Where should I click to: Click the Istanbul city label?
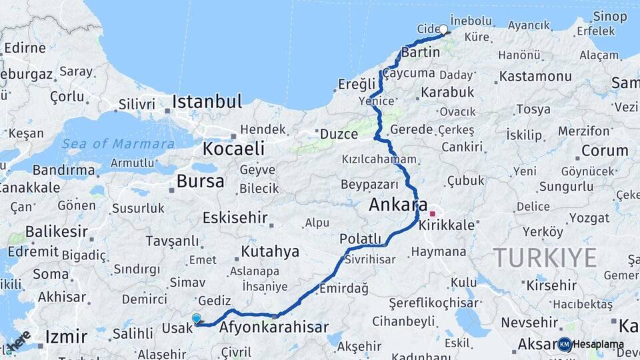point(207,102)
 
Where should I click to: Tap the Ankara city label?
point(398,205)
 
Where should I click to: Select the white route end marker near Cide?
point(443,29)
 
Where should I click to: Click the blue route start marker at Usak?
point(196,319)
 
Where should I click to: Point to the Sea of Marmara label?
point(117,144)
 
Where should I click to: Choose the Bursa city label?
point(200,181)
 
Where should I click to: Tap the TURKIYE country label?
point(545,257)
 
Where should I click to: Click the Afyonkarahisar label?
point(273,327)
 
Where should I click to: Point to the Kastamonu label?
point(535,76)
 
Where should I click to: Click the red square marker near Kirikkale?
point(433,214)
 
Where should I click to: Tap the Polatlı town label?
point(360,239)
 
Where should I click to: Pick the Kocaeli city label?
point(233,148)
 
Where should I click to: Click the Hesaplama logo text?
point(598,345)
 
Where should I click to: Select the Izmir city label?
point(65,335)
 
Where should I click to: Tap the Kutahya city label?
point(270,251)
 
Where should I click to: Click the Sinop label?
point(610,15)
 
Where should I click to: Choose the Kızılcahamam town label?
point(379,160)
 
